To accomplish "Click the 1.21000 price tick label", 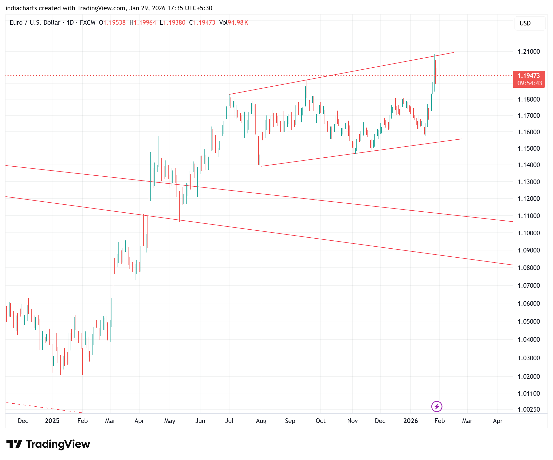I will point(529,52).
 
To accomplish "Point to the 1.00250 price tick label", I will point(529,409).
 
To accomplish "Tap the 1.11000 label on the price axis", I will point(529,216).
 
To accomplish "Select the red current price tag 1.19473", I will point(529,76).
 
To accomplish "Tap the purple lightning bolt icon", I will point(437,406).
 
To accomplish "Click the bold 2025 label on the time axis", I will point(52,421).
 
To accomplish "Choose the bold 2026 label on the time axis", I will point(411,421).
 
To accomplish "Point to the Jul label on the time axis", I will point(229,421).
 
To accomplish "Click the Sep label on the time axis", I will point(290,421).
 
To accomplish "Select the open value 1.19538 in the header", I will point(114,23).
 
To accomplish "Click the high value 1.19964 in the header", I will point(145,23).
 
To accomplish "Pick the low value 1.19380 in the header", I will point(174,23).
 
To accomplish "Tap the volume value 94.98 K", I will point(238,23).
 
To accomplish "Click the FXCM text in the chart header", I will point(87,23).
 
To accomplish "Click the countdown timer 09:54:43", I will point(530,83).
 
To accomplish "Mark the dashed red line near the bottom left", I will point(42,407).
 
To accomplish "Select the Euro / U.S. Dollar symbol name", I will point(35,23).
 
